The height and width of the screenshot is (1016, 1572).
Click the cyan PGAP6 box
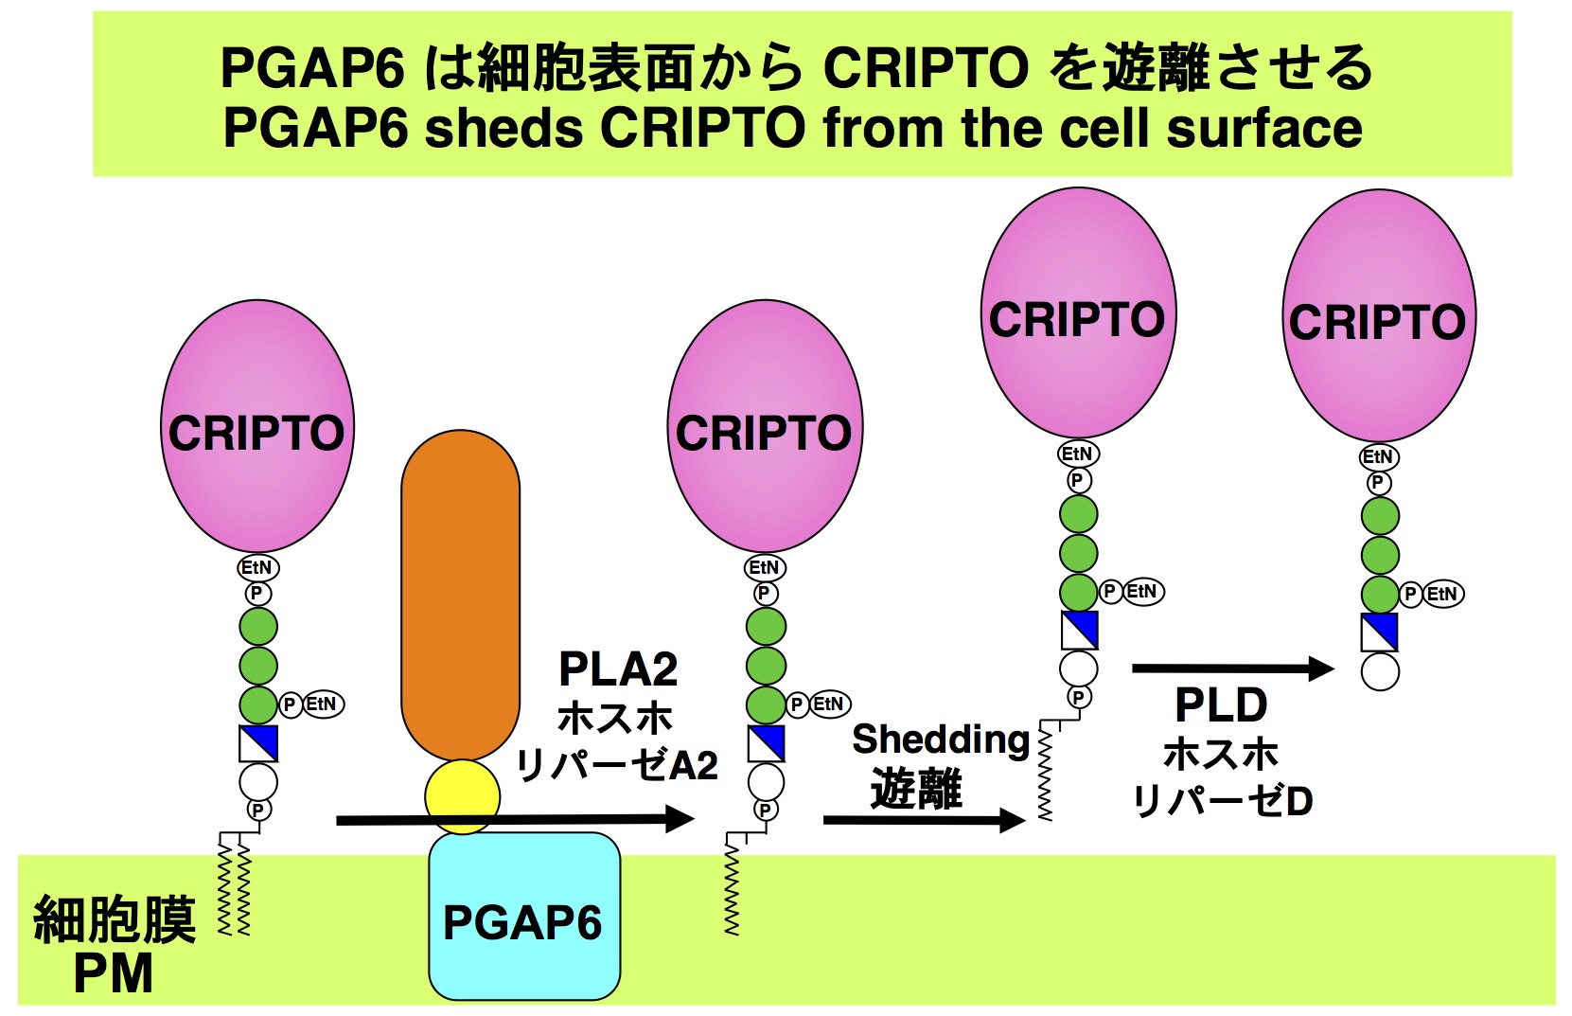point(524,917)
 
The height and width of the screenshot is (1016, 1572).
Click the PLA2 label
point(618,669)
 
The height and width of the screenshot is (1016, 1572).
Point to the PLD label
point(1221,705)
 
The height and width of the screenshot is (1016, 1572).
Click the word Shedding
point(940,740)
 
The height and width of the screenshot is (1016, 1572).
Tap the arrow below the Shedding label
point(924,820)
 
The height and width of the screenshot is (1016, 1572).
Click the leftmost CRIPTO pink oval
point(256,426)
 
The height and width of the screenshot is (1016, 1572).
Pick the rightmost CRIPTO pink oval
point(1378,315)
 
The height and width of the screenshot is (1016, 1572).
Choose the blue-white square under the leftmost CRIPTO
point(258,743)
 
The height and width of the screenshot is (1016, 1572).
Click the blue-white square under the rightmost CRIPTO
point(1379,633)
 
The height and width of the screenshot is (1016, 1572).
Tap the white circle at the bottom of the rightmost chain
point(1380,672)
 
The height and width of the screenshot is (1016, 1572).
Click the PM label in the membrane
point(113,973)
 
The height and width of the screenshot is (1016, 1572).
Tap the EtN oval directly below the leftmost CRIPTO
point(256,568)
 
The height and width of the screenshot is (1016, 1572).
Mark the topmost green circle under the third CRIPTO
point(1078,514)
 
